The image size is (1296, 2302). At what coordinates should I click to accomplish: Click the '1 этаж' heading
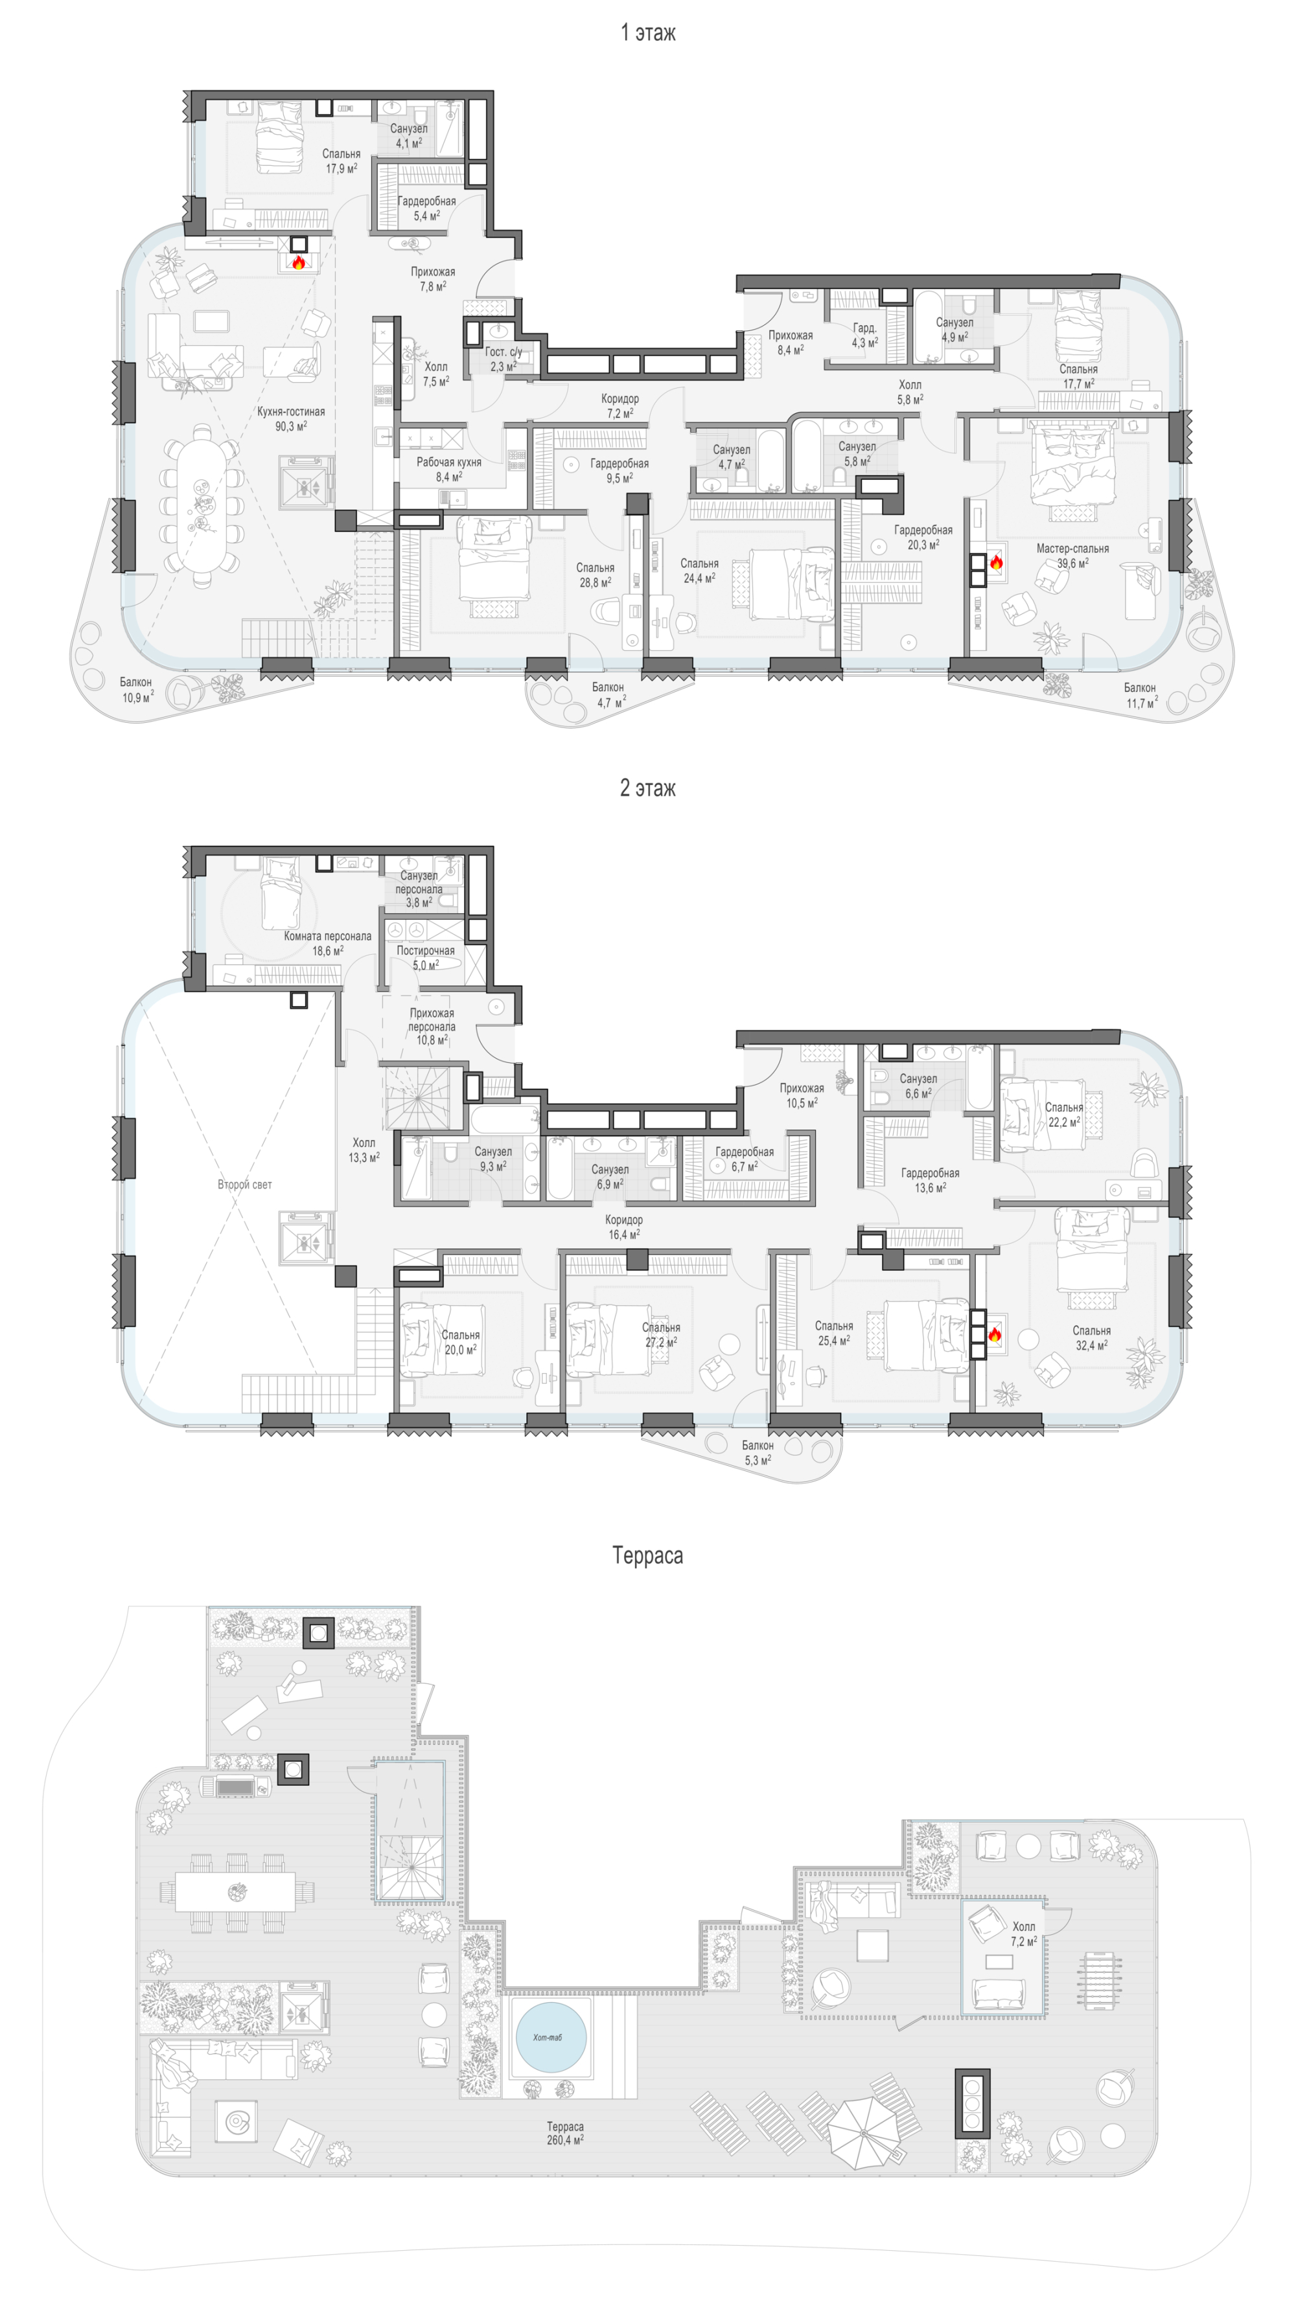(648, 33)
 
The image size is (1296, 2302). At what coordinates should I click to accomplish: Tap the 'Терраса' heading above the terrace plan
(648, 1556)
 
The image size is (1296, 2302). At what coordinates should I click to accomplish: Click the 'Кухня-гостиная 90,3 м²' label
(290, 419)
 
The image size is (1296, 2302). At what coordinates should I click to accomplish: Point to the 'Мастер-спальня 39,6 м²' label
(1072, 556)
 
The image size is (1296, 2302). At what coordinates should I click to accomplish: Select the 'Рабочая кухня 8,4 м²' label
(448, 469)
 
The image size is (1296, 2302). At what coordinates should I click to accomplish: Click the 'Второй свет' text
(244, 1184)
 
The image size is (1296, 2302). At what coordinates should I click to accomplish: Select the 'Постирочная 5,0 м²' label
(426, 958)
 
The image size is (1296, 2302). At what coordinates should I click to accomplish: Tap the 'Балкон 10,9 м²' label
(137, 690)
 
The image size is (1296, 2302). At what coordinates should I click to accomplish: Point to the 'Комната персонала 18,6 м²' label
(327, 944)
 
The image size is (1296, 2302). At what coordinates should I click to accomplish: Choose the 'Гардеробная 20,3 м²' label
(923, 537)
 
